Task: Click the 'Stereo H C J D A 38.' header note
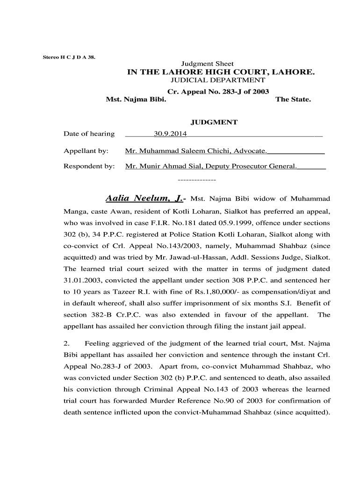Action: click(x=68, y=57)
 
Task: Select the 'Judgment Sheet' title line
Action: click(x=207, y=64)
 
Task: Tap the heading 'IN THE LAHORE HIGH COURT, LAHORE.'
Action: click(x=221, y=72)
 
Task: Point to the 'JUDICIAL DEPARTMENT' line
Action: click(x=217, y=80)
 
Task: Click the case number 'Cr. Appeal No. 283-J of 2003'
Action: click(x=218, y=92)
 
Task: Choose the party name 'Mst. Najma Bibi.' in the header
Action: click(x=136, y=100)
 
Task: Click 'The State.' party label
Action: click(x=293, y=100)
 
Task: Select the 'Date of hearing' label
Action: click(x=89, y=134)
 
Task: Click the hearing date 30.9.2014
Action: click(x=170, y=134)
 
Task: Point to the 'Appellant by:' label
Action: click(x=86, y=151)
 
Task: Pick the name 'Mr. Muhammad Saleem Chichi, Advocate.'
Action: click(x=196, y=151)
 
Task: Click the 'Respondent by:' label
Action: click(x=89, y=166)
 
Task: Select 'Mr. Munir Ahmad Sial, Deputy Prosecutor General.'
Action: click(x=211, y=166)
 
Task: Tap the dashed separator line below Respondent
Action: click(x=197, y=180)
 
